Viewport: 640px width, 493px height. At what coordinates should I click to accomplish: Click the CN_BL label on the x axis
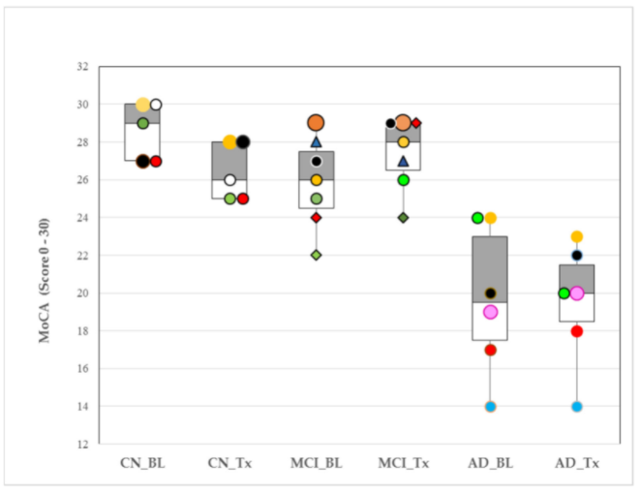pyautogui.click(x=142, y=463)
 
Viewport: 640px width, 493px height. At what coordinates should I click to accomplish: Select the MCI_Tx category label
pyautogui.click(x=403, y=463)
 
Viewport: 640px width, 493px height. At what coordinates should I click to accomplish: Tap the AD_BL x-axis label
pyautogui.click(x=490, y=463)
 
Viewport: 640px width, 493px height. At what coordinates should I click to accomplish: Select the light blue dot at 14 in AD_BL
pyautogui.click(x=490, y=407)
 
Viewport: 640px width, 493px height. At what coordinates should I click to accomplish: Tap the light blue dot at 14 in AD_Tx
pyautogui.click(x=577, y=407)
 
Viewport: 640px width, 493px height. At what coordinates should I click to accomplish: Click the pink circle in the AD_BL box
pyautogui.click(x=490, y=312)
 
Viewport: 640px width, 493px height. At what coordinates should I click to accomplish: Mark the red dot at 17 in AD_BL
pyautogui.click(x=490, y=350)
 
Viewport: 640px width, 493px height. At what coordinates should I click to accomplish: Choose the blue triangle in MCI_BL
pyautogui.click(x=316, y=141)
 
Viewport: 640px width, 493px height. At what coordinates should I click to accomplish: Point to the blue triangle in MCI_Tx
pyautogui.click(x=403, y=161)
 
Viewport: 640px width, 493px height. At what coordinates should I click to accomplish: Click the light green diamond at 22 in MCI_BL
pyautogui.click(x=316, y=256)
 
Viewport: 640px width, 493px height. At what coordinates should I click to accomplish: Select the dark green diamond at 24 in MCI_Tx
pyautogui.click(x=403, y=218)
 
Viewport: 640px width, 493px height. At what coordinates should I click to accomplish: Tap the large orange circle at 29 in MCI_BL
pyautogui.click(x=316, y=123)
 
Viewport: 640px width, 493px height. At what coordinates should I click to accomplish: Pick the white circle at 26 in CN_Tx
pyautogui.click(x=229, y=180)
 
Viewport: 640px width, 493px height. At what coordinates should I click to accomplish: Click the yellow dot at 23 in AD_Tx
pyautogui.click(x=577, y=236)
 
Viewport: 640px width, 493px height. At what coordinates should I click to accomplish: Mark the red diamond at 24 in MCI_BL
pyautogui.click(x=316, y=218)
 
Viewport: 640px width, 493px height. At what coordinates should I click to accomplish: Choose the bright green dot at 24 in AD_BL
pyautogui.click(x=477, y=218)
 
